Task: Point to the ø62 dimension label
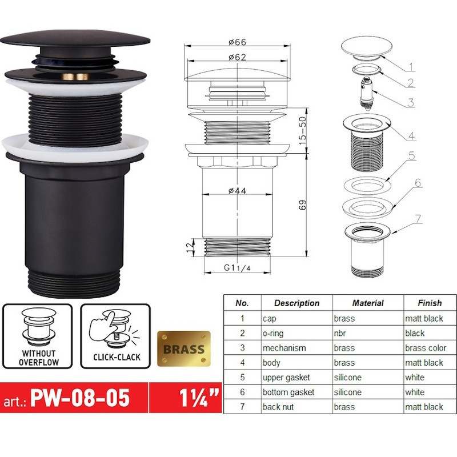click(238, 58)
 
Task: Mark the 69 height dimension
click(302, 205)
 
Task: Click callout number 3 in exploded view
click(411, 103)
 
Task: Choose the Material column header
click(368, 303)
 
